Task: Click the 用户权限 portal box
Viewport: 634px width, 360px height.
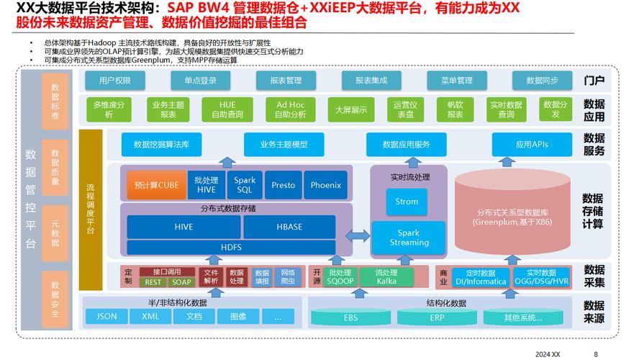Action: tap(115, 81)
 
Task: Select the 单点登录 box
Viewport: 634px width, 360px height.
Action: tap(200, 81)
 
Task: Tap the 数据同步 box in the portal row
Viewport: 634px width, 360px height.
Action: tap(542, 81)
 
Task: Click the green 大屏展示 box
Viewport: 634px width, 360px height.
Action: tap(351, 110)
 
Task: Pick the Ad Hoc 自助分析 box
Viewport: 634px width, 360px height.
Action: tap(290, 109)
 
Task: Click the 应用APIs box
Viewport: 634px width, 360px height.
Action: tap(532, 145)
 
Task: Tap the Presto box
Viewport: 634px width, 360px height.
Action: tap(283, 185)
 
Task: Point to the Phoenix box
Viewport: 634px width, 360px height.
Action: tap(325, 185)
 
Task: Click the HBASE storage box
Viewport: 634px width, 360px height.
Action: tap(289, 227)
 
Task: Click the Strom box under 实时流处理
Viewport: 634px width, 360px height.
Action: tap(407, 202)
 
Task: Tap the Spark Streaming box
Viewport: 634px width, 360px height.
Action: tap(409, 238)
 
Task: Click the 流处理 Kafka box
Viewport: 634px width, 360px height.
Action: tap(386, 277)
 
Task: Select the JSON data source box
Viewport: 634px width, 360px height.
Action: tap(107, 316)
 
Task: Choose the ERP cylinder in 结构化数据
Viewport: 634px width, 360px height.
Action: tap(437, 318)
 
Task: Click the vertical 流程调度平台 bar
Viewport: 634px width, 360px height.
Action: tap(90, 209)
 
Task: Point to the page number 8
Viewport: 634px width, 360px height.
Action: tap(595, 354)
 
